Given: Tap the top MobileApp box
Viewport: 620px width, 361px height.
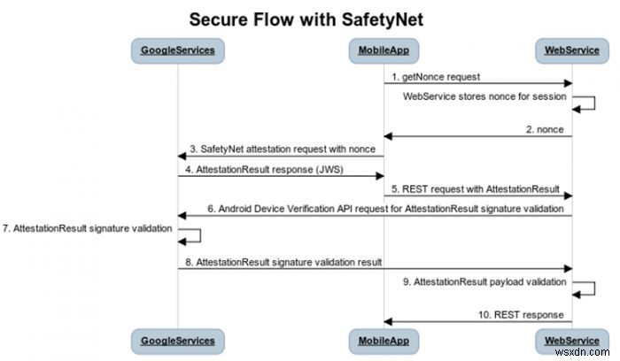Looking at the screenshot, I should [x=383, y=51].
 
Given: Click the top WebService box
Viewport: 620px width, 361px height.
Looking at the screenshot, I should [x=572, y=51].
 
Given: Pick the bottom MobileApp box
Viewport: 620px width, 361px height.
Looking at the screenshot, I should [x=383, y=340].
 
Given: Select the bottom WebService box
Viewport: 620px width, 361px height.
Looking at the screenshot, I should [x=572, y=340].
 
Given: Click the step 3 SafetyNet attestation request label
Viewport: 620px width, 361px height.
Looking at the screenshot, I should [x=282, y=149].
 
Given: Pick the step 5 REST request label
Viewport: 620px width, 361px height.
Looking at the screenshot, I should [x=476, y=188].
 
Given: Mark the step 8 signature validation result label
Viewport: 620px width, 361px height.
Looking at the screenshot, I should [x=283, y=261].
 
